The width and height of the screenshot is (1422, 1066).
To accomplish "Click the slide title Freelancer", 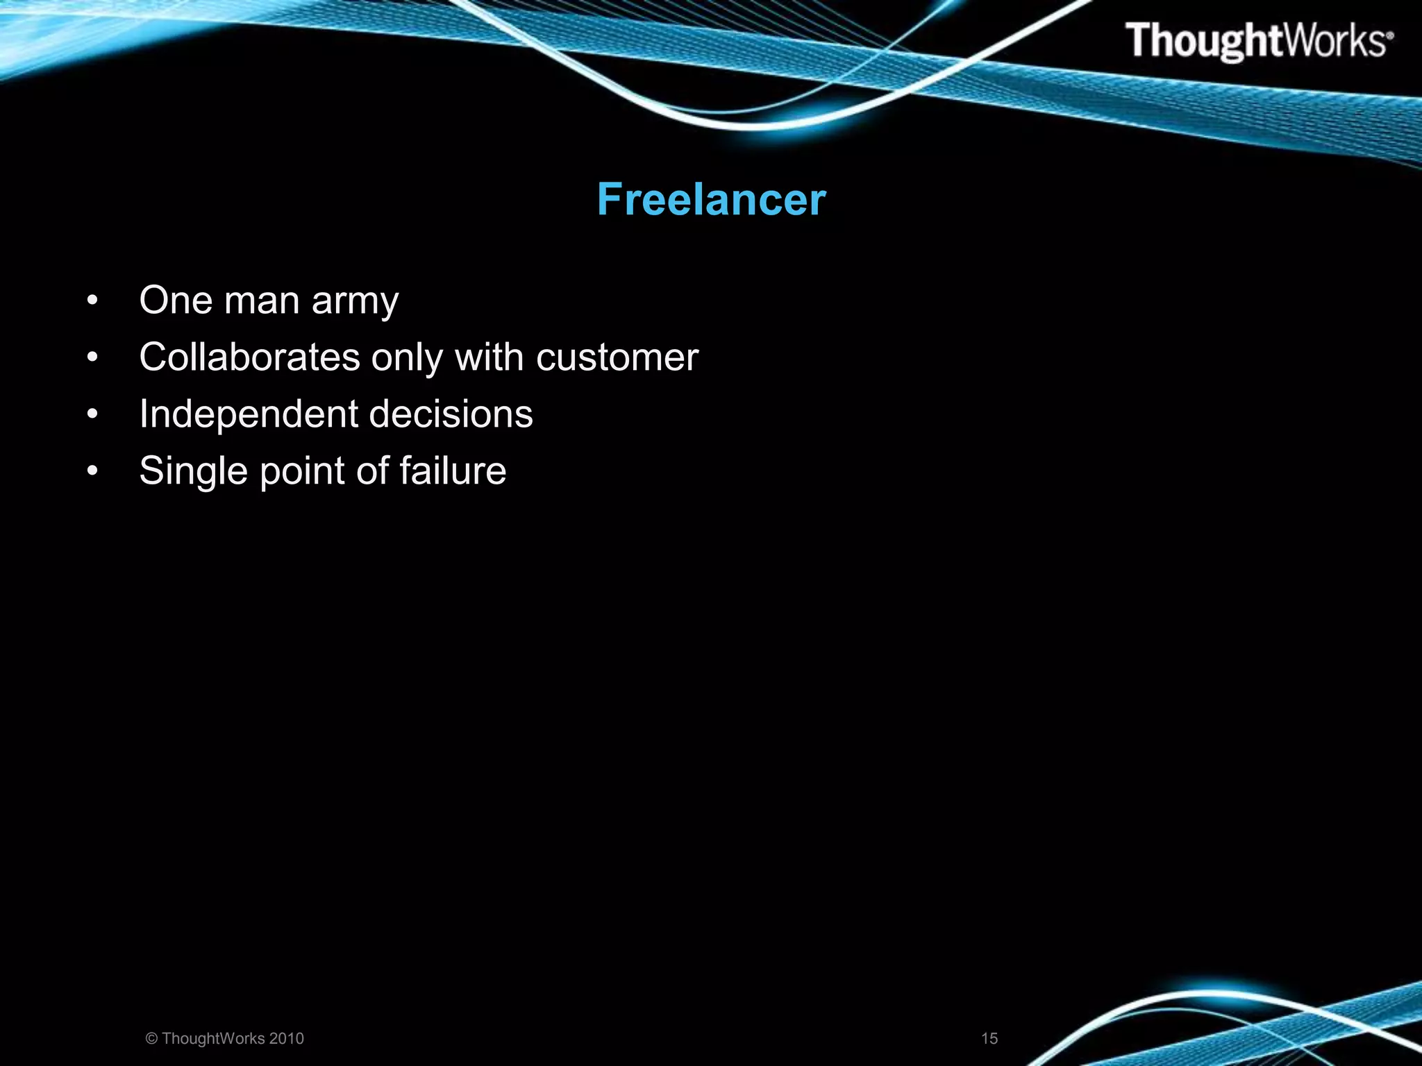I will (711, 200).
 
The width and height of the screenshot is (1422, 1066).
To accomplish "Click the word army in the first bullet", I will (355, 302).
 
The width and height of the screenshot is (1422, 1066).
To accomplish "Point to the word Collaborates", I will (249, 357).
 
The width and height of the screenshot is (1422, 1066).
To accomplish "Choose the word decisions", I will (451, 414).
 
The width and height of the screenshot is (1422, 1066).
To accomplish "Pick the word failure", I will (453, 471).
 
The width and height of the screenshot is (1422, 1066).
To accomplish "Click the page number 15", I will (989, 1038).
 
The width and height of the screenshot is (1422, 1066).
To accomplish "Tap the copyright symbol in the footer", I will (151, 1038).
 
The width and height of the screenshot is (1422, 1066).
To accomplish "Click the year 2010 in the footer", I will (286, 1038).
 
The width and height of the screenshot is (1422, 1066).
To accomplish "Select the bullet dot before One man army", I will (92, 301).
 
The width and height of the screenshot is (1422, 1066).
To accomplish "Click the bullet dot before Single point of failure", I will (92, 472).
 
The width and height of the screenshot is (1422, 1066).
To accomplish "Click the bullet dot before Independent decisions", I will (92, 415).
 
